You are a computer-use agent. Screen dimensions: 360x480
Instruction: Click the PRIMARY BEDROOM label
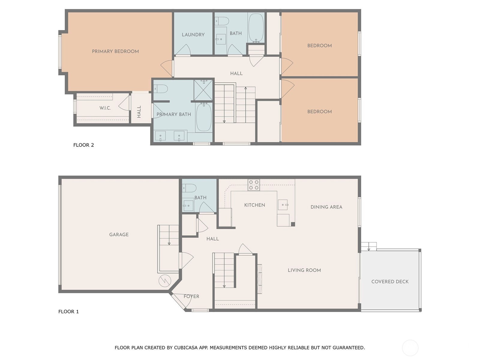pyautogui.click(x=115, y=51)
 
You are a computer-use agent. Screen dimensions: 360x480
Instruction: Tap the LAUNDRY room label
pyautogui.click(x=193, y=34)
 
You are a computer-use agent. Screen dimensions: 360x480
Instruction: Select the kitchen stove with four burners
pyautogui.click(x=253, y=185)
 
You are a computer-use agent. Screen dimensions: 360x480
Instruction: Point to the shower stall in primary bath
pyautogui.click(x=203, y=90)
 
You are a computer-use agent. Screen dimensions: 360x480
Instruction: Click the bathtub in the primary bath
pyautogui.click(x=204, y=117)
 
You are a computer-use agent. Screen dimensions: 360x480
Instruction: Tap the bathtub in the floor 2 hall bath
pyautogui.click(x=256, y=28)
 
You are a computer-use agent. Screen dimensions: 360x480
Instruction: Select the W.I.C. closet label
pyautogui.click(x=105, y=108)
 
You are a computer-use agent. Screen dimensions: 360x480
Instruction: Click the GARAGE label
pyautogui.click(x=119, y=235)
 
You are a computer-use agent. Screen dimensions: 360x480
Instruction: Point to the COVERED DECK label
pyautogui.click(x=390, y=281)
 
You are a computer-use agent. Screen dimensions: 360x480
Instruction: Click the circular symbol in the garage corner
pyautogui.click(x=165, y=281)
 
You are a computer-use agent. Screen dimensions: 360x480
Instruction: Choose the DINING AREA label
pyautogui.click(x=326, y=207)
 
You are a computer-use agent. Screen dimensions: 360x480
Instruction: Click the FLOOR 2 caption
pyautogui.click(x=83, y=145)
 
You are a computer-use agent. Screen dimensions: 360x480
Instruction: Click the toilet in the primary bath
pyautogui.click(x=160, y=89)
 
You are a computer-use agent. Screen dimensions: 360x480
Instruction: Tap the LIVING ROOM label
pyautogui.click(x=304, y=270)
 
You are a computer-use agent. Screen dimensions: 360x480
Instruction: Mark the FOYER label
pyautogui.click(x=191, y=296)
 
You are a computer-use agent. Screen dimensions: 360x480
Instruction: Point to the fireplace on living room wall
pyautogui.click(x=260, y=279)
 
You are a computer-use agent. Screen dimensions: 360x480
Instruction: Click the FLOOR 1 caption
pyautogui.click(x=68, y=311)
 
